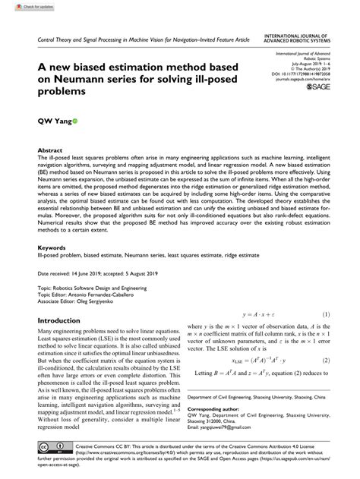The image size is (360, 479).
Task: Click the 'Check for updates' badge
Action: pos(23,7)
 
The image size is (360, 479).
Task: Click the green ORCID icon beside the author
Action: pos(74,121)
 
